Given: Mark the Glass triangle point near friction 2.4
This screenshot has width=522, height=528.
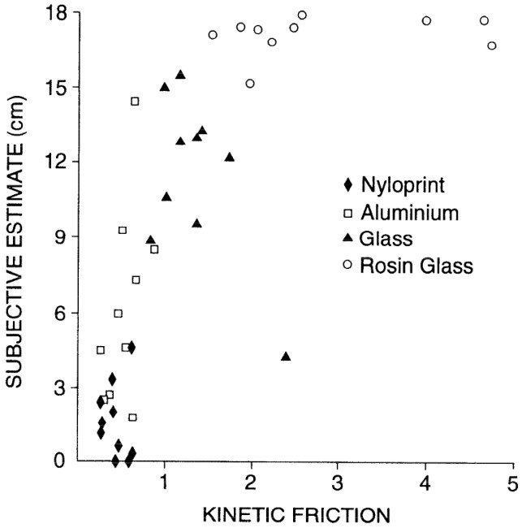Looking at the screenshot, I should click(286, 357).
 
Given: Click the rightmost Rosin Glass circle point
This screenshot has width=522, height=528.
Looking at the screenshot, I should click(492, 45).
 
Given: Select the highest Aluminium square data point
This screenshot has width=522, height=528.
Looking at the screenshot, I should click(135, 101).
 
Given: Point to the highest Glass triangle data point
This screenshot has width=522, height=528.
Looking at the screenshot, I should click(180, 75).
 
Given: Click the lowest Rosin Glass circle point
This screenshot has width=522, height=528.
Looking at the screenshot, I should click(250, 83).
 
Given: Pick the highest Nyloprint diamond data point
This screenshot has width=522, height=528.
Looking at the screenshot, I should click(132, 348).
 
